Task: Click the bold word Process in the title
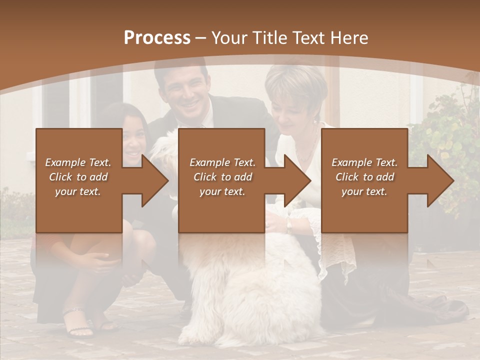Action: point(157,37)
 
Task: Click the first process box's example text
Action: point(78,177)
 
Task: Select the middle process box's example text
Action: point(222,177)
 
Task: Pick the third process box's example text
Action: point(364,177)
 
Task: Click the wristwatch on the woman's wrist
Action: point(288,226)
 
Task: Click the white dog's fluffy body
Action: point(250,285)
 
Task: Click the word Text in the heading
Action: point(306,37)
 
